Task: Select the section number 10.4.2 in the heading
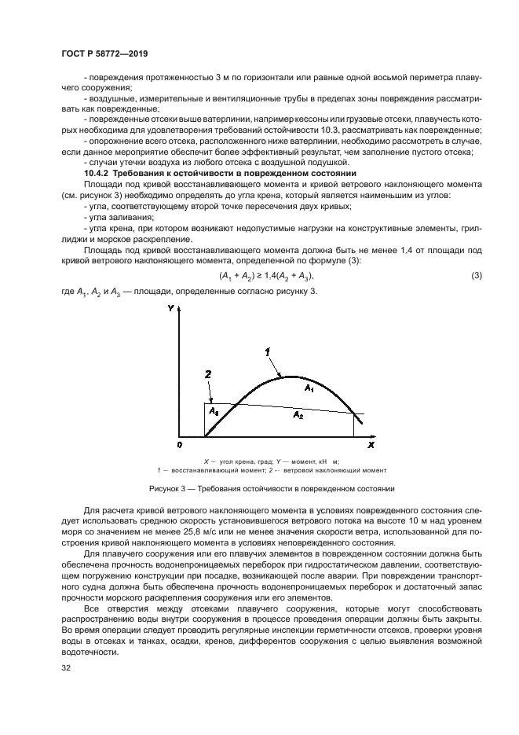pyautogui.click(x=97, y=172)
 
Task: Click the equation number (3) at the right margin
pyautogui.click(x=476, y=276)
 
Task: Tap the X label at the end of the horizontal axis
pyautogui.click(x=371, y=445)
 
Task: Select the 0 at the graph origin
pyautogui.click(x=180, y=446)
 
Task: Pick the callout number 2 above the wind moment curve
pyautogui.click(x=207, y=375)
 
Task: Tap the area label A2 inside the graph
pyautogui.click(x=297, y=413)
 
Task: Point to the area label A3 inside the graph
pyautogui.click(x=212, y=410)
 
